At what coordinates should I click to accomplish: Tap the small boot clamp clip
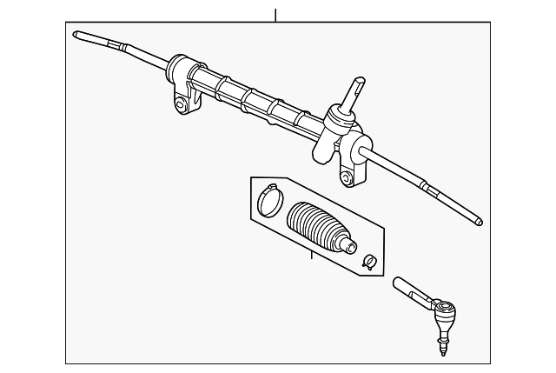click(368, 260)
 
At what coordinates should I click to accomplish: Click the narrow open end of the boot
click(350, 245)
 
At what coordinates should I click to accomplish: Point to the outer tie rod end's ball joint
click(446, 310)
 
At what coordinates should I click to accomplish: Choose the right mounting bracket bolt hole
click(347, 179)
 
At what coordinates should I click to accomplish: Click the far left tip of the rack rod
click(77, 35)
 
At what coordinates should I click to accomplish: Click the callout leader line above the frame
click(275, 15)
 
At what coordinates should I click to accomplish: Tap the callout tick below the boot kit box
click(310, 256)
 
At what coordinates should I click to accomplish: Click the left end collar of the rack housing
click(177, 67)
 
